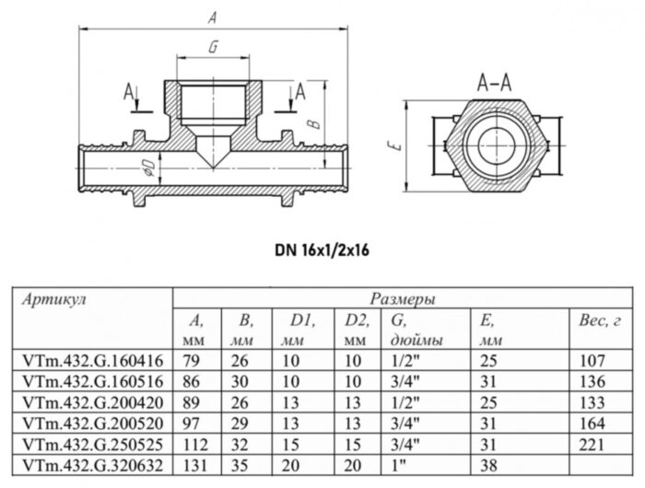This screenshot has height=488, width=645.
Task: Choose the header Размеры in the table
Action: click(403, 299)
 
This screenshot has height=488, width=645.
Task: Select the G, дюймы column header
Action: click(411, 330)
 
